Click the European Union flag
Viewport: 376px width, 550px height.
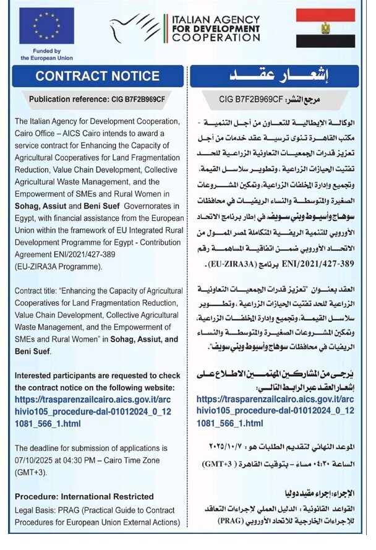tap(46, 27)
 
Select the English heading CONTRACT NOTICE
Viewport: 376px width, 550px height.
tap(97, 76)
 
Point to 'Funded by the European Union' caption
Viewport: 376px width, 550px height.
tap(46, 54)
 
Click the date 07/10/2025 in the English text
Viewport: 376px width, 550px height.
tap(36, 460)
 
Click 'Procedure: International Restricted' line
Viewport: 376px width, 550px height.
tap(84, 496)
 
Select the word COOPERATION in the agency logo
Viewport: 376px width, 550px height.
tap(216, 38)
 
